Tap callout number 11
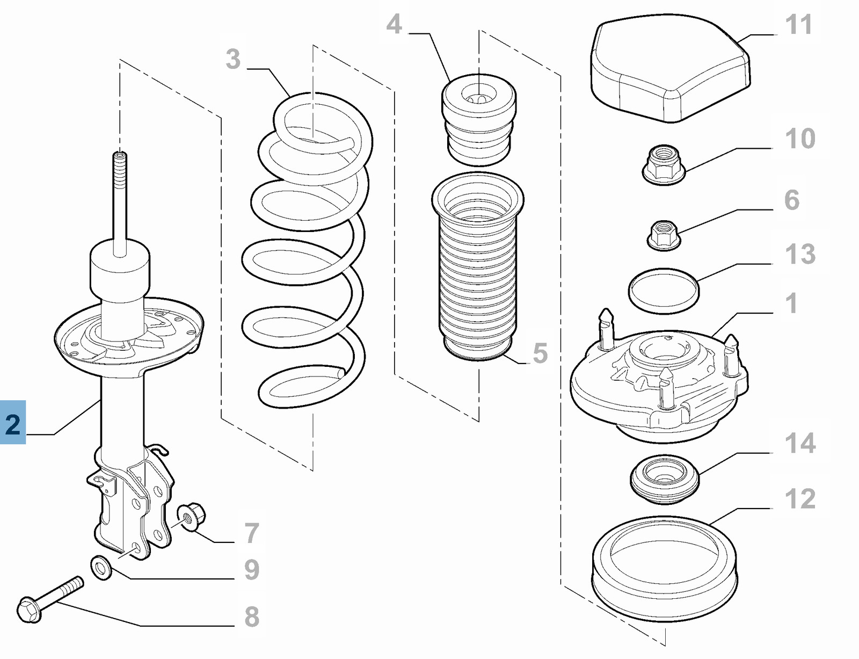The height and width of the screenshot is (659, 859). pos(798,25)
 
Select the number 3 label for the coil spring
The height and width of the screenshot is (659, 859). pos(233,59)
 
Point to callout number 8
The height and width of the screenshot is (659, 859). pos(252,617)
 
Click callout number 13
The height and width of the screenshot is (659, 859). pos(800,254)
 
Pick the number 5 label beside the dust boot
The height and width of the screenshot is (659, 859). pos(540,353)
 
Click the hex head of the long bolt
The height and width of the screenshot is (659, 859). pos(29,610)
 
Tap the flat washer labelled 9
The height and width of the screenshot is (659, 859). pos(101,568)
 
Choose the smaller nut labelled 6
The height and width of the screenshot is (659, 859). pos(664,235)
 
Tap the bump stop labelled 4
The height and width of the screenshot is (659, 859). pos(478,121)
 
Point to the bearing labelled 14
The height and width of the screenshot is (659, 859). pos(665,479)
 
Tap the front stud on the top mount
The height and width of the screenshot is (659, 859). pos(665,387)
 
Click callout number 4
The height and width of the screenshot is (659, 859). pos(394,25)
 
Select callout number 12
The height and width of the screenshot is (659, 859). pos(800,499)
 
